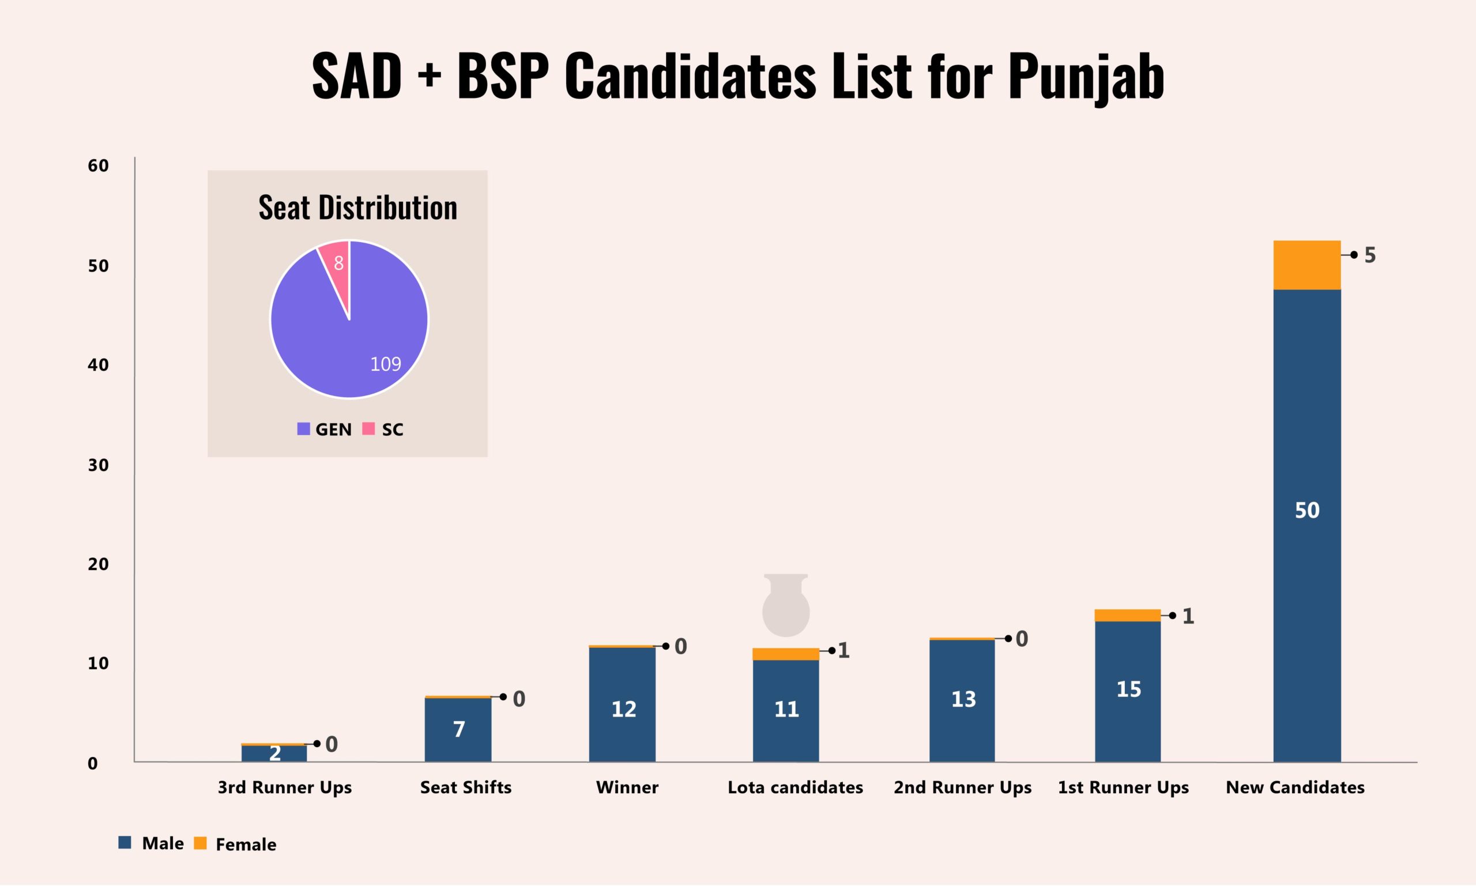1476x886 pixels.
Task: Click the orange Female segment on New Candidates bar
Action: coord(1306,265)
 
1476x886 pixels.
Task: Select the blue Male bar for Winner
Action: coord(622,704)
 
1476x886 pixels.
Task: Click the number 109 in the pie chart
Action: coord(385,364)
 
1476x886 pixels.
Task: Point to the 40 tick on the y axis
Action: coord(98,365)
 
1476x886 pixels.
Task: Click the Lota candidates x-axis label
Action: coord(795,787)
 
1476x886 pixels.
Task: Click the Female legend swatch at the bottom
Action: coord(201,843)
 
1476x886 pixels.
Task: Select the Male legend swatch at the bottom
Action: coord(125,842)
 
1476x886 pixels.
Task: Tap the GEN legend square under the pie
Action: coord(303,429)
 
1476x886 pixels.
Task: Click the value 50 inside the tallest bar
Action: coord(1306,511)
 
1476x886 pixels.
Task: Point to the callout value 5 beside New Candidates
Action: coord(1370,255)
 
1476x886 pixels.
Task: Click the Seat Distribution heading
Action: coord(357,208)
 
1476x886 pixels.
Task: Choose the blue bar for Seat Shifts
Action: coord(458,730)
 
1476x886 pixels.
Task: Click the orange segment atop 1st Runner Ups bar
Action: coord(1127,616)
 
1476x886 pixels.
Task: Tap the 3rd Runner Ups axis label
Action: coord(284,787)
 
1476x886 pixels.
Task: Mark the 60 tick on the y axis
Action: coord(98,166)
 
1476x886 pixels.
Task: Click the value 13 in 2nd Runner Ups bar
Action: coord(963,699)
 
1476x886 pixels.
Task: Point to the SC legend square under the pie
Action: coord(368,429)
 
